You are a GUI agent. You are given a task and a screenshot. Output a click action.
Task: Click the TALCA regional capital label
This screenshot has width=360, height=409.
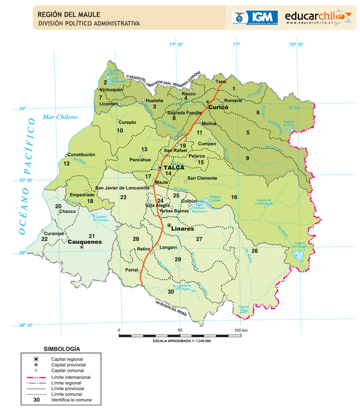pos(174,167)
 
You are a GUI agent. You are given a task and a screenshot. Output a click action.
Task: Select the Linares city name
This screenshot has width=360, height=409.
pos(182,229)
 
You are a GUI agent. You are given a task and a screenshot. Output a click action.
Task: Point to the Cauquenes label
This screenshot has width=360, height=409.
pos(85,242)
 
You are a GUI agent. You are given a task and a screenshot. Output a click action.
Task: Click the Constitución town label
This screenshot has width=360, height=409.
pos(81,155)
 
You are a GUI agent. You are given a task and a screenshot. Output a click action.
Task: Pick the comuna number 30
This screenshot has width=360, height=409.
pos(171,292)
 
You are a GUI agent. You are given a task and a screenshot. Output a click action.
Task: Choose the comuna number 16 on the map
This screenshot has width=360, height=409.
pos(234,197)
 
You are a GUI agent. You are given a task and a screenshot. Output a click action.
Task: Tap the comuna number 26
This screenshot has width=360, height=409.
pos(254,250)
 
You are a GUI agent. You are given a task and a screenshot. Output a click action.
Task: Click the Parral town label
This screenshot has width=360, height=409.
pos(131,270)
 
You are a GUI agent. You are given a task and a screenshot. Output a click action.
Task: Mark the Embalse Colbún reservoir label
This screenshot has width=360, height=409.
pos(215,199)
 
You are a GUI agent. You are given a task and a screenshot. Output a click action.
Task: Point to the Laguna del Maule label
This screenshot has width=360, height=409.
pos(299,245)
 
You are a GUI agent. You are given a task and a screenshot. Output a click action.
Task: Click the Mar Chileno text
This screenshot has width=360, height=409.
pos(60,117)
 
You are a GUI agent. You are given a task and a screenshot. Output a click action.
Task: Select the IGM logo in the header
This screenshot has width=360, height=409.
pos(255,17)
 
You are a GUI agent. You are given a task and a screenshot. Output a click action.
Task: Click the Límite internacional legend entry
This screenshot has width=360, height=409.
pos(71,377)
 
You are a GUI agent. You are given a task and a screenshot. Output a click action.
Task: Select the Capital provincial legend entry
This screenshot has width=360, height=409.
pos(68,364)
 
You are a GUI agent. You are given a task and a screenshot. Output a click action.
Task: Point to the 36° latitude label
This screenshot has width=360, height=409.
pos(22,253)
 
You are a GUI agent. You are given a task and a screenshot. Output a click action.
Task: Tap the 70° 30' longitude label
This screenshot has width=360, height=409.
pos(297,45)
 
